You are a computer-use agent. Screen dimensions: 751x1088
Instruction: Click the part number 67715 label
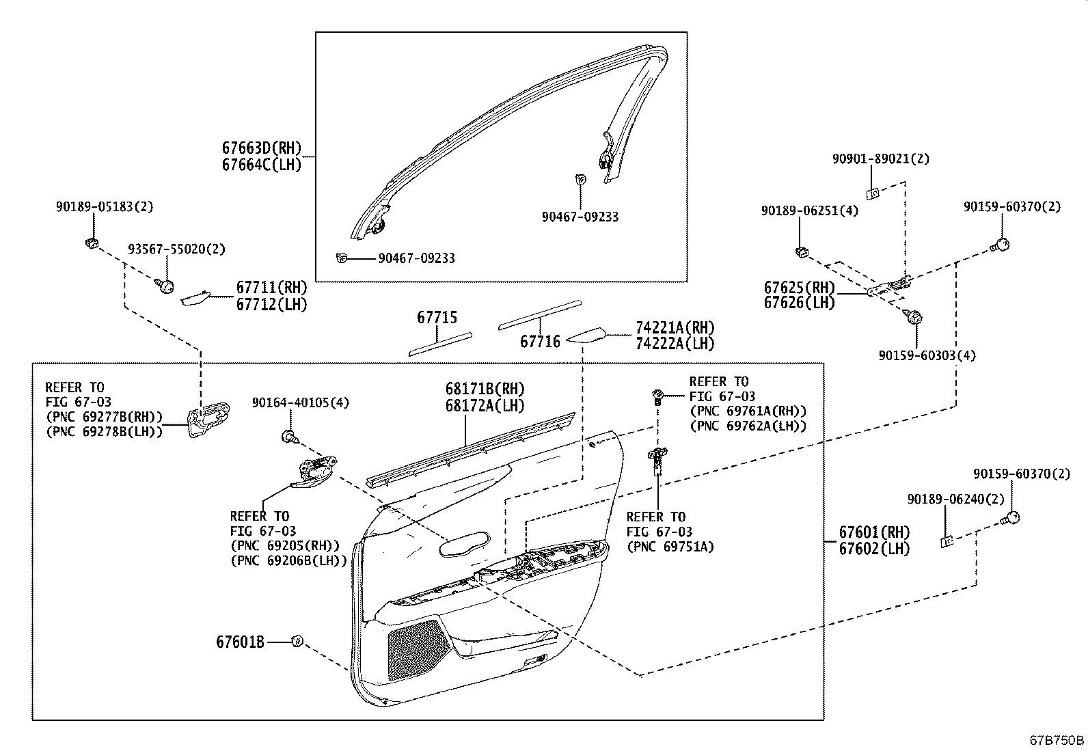(x=437, y=318)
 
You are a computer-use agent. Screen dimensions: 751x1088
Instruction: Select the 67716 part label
(x=540, y=341)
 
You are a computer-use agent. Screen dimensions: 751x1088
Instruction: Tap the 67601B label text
(x=240, y=642)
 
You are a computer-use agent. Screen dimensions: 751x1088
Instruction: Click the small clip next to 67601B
(x=297, y=641)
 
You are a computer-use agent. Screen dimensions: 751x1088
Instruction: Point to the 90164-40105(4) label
(x=300, y=403)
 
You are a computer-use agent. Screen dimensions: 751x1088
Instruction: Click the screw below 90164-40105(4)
(x=288, y=436)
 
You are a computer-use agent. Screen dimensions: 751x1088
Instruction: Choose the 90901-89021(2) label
(x=880, y=159)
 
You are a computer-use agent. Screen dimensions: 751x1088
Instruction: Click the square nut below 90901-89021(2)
(x=873, y=193)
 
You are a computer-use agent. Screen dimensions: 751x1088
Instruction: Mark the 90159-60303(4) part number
(x=927, y=355)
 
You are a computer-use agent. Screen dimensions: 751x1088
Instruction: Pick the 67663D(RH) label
(x=261, y=148)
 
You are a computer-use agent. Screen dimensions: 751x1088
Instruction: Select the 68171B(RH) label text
(x=485, y=390)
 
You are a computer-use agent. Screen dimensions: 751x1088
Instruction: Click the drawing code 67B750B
(x=1057, y=740)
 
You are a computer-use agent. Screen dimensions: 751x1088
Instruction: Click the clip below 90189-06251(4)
(x=801, y=252)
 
